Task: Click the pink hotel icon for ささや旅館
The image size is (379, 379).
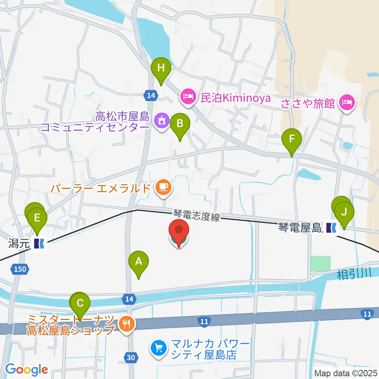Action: coord(348,103)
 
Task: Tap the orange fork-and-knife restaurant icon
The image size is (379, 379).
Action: coord(127,324)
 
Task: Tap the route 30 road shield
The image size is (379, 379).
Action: coord(131,358)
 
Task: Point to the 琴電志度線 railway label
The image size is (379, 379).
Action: coord(196,215)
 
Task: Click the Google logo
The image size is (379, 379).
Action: coord(26,370)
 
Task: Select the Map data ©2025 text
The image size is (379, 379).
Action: coord(346,373)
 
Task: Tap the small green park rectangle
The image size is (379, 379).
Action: coord(320,263)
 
